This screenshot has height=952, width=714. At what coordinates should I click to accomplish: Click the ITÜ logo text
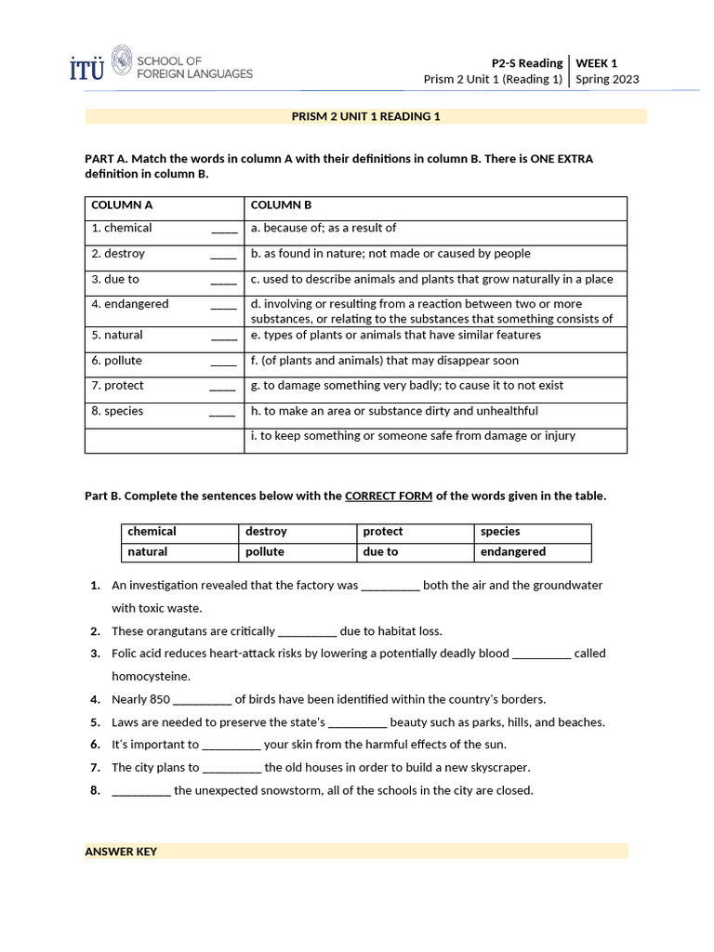[x=87, y=68]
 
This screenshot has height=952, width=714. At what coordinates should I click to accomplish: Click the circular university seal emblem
[x=122, y=61]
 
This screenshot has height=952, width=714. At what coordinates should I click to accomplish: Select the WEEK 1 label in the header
[x=597, y=63]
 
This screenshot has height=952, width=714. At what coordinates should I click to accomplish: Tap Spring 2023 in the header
[x=607, y=79]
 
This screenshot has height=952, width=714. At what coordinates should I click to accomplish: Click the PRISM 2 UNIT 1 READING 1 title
[x=365, y=116]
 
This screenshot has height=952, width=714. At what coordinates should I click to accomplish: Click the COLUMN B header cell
[x=282, y=205]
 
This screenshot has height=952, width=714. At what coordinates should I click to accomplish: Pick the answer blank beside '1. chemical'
[x=224, y=229]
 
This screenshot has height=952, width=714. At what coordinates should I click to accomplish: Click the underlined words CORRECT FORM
[x=388, y=496]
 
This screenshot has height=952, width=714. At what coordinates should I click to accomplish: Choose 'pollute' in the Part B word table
[x=265, y=552]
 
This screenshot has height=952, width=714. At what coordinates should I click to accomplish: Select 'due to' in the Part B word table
[x=380, y=552]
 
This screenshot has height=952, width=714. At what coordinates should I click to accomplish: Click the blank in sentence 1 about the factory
[x=390, y=587]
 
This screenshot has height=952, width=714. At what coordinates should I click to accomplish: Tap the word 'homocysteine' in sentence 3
[x=151, y=677]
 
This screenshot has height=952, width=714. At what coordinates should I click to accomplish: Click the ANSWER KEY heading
[x=121, y=852]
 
